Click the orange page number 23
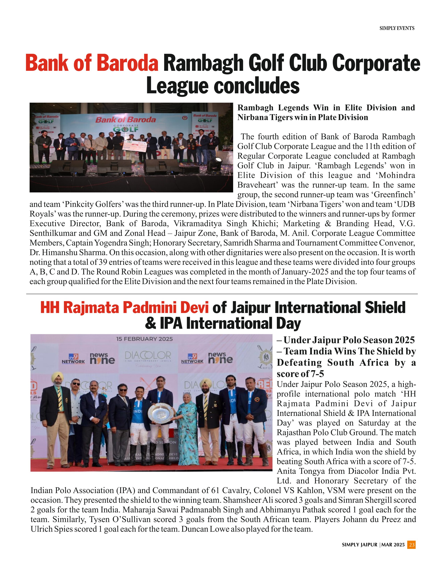click(412, 545)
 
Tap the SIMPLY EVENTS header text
click(397, 28)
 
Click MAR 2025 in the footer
click(393, 545)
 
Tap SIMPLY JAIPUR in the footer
click(359, 545)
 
